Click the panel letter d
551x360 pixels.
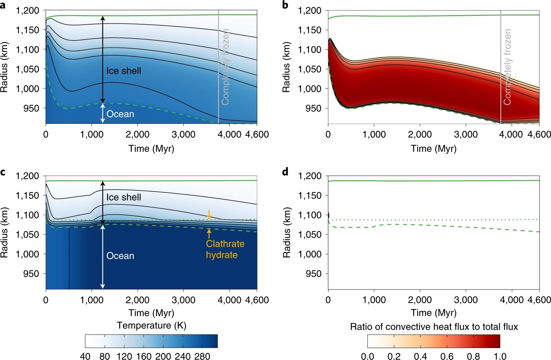tap(285, 171)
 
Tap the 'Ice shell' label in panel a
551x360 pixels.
tap(124, 71)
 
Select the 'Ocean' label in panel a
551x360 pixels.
tap(120, 114)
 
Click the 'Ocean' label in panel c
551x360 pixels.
tap(120, 256)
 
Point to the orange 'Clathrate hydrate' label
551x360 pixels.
tap(225, 250)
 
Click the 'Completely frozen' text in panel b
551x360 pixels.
tap(507, 67)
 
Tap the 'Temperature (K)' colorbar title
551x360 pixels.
tap(151, 326)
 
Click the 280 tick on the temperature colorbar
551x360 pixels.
tap(202, 356)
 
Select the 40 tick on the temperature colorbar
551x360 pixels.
tap(85, 356)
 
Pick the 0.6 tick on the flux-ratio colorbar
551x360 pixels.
tap(447, 356)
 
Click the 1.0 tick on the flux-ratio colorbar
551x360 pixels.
tap(500, 356)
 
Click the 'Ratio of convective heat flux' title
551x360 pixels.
tap(434, 327)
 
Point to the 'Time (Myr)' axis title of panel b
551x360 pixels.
tap(434, 149)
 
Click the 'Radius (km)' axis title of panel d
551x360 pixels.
tap(287, 233)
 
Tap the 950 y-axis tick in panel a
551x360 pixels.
tap(32, 108)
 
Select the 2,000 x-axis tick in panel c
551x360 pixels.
tap(138, 300)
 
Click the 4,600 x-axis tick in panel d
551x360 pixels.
tap(539, 300)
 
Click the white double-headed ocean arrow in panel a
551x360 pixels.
tap(103, 113)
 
